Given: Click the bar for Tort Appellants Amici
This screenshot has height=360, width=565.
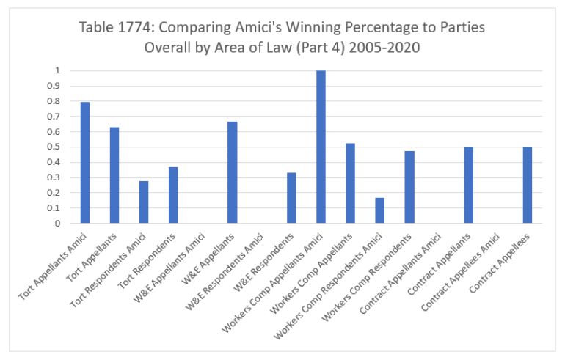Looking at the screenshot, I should click(x=85, y=163).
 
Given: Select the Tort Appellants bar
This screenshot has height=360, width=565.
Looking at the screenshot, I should click(x=114, y=175).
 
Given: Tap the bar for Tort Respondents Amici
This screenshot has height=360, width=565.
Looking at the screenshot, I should click(x=144, y=202).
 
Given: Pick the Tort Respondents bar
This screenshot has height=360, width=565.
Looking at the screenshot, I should click(x=173, y=195).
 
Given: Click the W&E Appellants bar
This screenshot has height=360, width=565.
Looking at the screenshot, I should click(x=233, y=172).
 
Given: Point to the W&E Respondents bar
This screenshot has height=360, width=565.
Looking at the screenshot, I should click(x=291, y=198).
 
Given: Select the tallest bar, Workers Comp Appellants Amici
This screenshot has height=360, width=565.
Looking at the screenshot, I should click(x=321, y=147).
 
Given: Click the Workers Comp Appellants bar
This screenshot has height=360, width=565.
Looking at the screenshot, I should click(x=350, y=183).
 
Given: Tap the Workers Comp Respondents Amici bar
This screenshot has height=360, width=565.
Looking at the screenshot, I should click(x=379, y=210).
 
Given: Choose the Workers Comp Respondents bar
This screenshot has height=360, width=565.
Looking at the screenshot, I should click(x=409, y=187).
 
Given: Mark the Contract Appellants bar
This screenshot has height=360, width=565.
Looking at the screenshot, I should click(x=468, y=185).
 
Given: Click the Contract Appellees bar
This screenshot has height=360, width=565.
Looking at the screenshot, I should click(x=528, y=185).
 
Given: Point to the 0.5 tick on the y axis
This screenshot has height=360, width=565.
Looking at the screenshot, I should click(x=56, y=147).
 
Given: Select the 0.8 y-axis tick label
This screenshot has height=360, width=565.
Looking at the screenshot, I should click(x=56, y=101).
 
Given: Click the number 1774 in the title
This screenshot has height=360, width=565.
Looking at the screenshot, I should click(x=130, y=29).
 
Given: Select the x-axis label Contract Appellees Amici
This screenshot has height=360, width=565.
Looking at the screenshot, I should click(x=470, y=267).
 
